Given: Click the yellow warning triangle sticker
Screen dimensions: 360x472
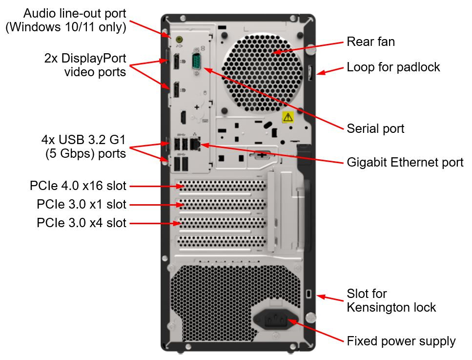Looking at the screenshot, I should click(287, 117).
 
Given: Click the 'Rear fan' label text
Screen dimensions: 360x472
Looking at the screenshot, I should click(370, 42).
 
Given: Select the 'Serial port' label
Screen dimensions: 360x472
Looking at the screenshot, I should click(375, 128).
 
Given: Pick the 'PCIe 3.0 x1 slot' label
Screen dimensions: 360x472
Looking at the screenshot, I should click(81, 204).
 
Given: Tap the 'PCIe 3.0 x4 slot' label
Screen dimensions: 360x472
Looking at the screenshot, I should click(81, 223).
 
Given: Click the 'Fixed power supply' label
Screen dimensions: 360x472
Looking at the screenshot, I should click(401, 341).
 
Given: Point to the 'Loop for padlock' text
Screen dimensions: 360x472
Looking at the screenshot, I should click(393, 67).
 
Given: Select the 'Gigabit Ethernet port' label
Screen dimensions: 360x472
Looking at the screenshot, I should click(405, 162).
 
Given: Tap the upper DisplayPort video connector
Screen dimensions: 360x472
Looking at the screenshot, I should click(175, 62).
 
